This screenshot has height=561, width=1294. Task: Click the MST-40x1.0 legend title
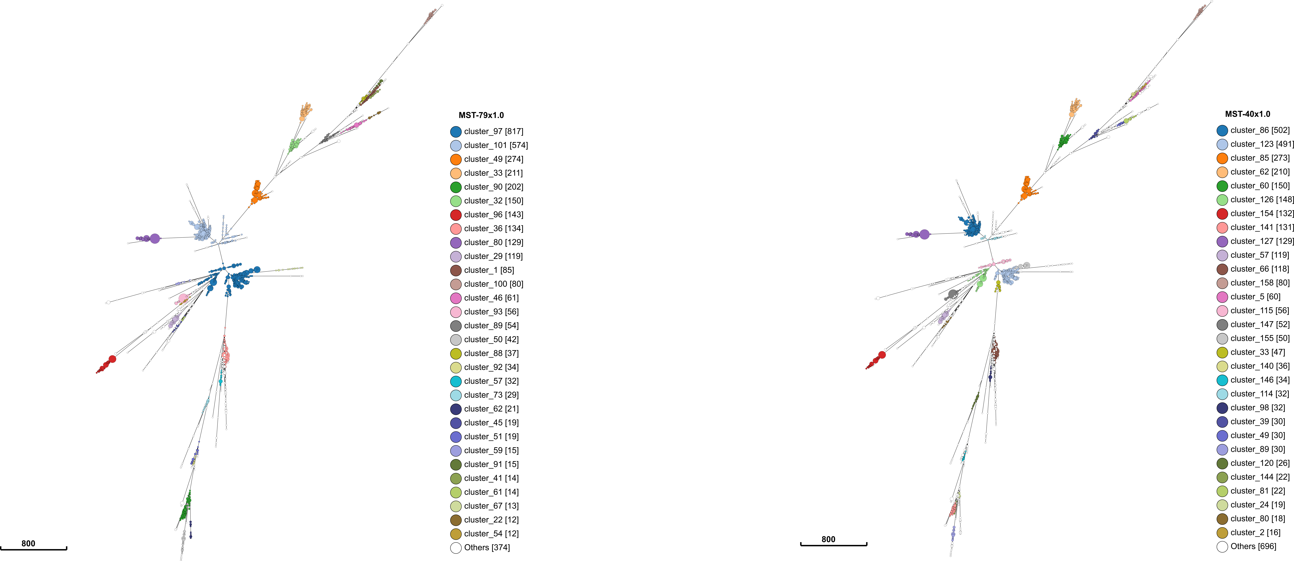[1247, 114]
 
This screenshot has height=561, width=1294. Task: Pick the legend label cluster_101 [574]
[496, 145]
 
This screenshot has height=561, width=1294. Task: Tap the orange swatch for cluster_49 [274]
[456, 159]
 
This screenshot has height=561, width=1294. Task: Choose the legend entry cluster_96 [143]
[493, 215]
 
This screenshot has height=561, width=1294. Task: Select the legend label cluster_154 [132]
[1262, 214]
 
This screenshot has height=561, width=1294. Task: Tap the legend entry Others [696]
[1253, 546]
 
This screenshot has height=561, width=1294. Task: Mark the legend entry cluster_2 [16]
[1255, 532]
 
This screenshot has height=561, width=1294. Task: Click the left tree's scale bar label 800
[28, 543]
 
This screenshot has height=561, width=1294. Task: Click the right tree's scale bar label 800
[828, 539]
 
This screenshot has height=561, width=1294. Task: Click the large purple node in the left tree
[155, 238]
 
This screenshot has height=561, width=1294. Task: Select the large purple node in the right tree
[924, 234]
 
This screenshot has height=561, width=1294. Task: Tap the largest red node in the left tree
[112, 359]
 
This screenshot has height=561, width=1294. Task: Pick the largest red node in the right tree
[882, 355]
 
